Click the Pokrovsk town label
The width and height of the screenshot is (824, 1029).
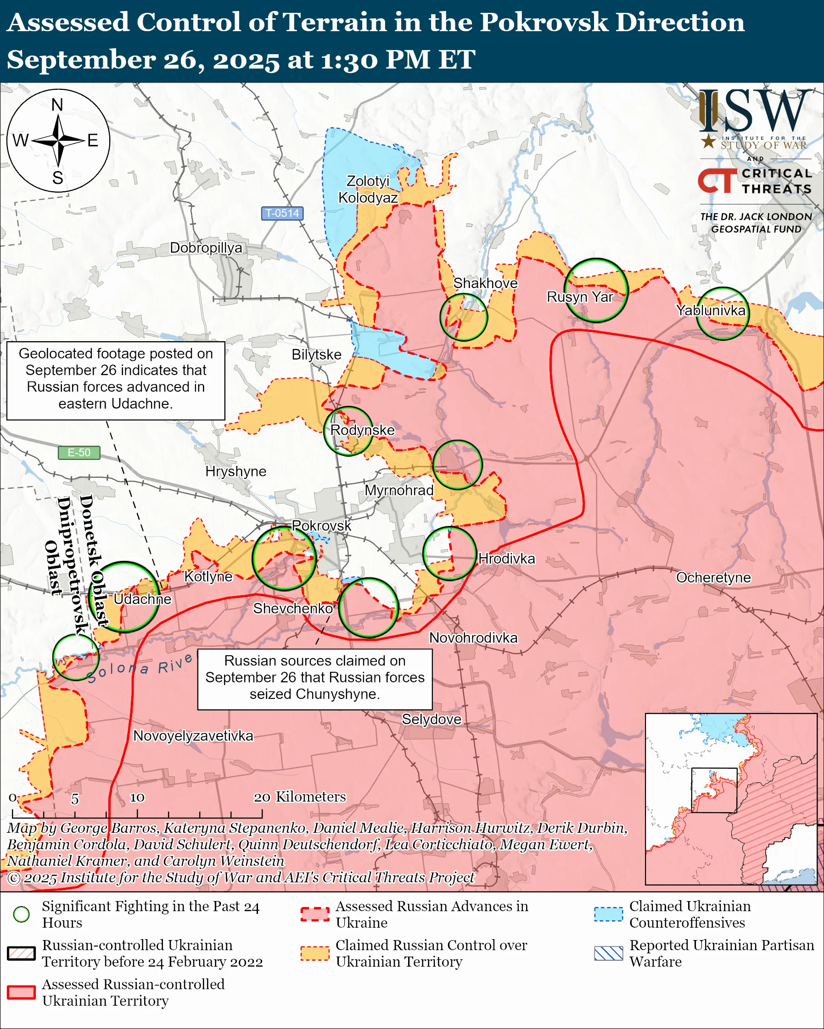coord(321,526)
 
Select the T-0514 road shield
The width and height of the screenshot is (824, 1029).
coord(282,213)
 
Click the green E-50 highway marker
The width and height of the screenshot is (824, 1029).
coord(79,453)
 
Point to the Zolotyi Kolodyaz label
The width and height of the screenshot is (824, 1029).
coord(368,189)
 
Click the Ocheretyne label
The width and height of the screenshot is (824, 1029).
coord(713,577)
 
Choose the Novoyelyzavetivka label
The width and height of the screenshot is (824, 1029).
coord(193,736)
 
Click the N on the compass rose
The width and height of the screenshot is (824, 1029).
coord(57,105)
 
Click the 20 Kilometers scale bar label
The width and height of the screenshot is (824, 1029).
coord(299,797)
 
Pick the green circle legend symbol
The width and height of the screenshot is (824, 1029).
coord(22,914)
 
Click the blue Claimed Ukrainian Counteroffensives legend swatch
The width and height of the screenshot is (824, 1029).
coord(608,914)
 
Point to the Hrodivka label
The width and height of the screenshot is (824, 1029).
coord(506,559)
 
